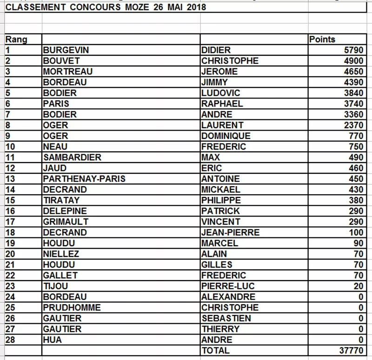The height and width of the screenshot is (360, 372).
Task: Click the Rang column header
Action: (x=16, y=39)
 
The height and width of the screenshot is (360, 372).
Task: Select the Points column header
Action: (x=322, y=39)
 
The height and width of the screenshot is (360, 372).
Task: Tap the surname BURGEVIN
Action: (x=66, y=50)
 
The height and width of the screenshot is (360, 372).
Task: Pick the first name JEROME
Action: (x=219, y=72)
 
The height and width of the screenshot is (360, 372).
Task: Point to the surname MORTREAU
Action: (x=67, y=72)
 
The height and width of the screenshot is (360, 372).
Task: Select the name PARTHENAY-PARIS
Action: (x=84, y=179)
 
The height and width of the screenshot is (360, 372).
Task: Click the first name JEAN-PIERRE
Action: (x=230, y=232)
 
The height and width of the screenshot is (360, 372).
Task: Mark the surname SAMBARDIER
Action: (x=72, y=157)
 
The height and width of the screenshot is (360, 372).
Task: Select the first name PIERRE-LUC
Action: (x=228, y=286)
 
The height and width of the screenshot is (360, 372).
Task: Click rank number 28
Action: (x=10, y=340)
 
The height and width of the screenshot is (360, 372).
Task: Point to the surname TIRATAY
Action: (x=61, y=200)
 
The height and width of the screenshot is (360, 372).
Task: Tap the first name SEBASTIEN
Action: (x=226, y=318)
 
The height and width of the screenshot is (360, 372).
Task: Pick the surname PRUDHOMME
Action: (x=71, y=308)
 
